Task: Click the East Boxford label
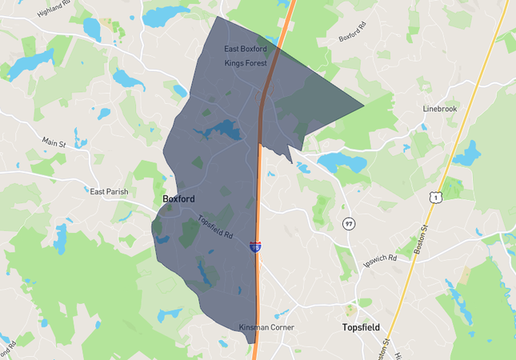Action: tap(246, 49)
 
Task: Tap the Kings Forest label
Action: tap(245, 62)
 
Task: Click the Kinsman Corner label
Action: tap(266, 327)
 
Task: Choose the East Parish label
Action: tap(109, 192)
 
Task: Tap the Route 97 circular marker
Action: tap(349, 223)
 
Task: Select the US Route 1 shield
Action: tap(434, 196)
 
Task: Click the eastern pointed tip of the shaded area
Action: tap(363, 106)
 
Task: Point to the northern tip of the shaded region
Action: tap(218, 17)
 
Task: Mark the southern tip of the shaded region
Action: tap(252, 343)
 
